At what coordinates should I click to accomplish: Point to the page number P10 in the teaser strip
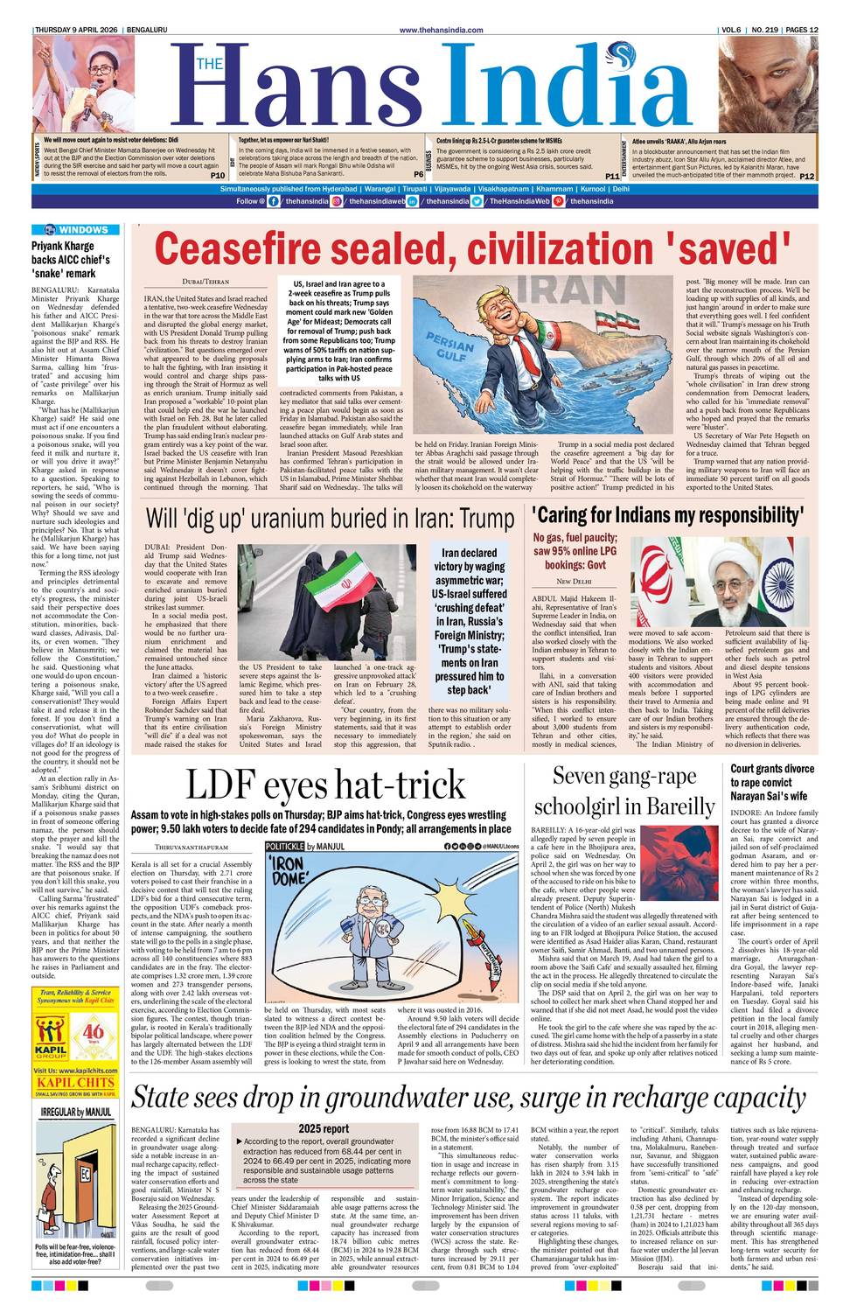218,175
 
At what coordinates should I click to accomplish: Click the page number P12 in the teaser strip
805,176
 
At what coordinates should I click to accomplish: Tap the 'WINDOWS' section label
83,230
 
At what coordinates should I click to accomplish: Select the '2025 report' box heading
324,1128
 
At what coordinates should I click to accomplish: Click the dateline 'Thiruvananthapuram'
192,848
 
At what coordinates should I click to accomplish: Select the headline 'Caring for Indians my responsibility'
667,515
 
